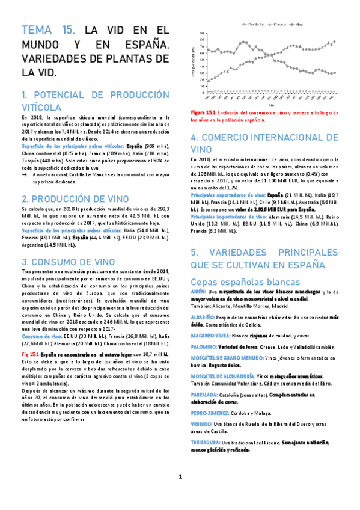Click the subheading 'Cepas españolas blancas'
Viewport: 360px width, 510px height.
click(246, 281)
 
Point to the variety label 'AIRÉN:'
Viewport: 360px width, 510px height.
click(198, 292)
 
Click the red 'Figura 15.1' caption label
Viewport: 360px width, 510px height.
click(203, 112)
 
